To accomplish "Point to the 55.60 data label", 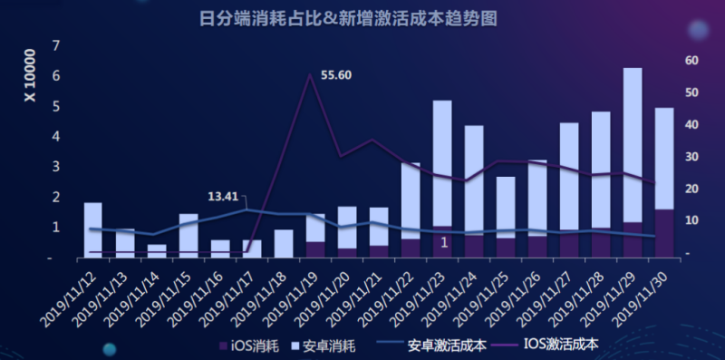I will [x=336, y=75].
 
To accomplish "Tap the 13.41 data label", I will [x=223, y=196].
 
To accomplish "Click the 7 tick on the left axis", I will [x=56, y=46].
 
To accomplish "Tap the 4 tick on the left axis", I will [x=56, y=137].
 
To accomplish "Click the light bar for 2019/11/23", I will [x=441, y=163].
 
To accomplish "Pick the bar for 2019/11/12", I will [x=92, y=229].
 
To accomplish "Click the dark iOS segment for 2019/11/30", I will [x=663, y=233].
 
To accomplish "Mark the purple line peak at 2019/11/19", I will [x=310, y=75].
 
